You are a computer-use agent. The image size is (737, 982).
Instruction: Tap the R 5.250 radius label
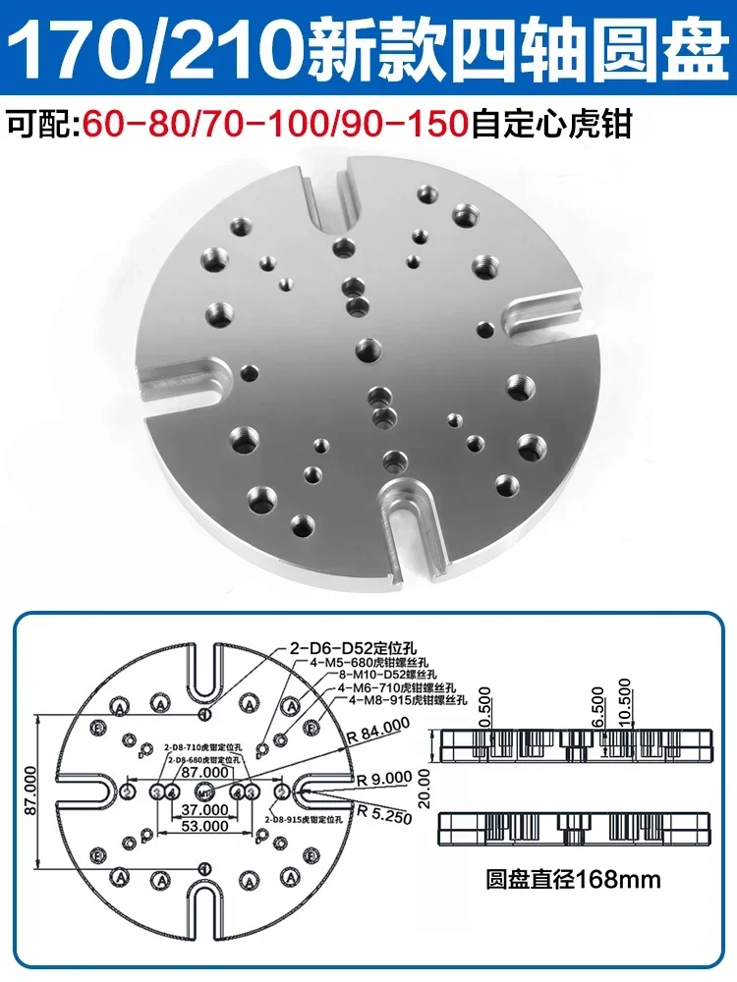[x=380, y=811]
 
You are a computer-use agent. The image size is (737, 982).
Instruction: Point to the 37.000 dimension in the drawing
[x=203, y=810]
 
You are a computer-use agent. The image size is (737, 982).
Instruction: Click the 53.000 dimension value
[x=203, y=826]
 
